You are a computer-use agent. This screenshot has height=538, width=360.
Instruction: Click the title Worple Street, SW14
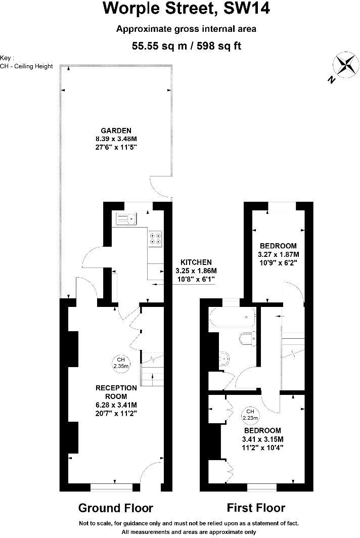[186, 9]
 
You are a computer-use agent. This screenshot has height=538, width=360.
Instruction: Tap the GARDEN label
[116, 130]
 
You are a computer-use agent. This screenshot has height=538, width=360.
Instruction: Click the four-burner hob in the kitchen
[155, 238]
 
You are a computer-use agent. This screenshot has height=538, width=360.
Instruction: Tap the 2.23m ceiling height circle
[250, 414]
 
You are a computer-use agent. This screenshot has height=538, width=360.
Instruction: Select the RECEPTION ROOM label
[116, 392]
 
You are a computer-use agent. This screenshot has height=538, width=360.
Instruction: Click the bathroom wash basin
[223, 358]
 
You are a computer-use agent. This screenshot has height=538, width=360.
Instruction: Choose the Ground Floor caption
[115, 508]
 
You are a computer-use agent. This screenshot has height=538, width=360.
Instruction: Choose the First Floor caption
[256, 508]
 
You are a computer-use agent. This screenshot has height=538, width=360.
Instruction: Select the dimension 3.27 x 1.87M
[278, 254]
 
